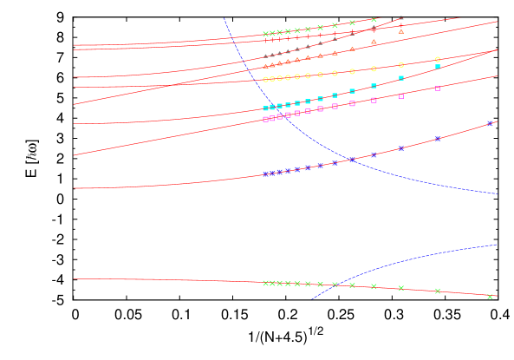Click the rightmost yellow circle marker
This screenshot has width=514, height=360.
coord(438,59)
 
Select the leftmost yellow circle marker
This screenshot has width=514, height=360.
coord(265,80)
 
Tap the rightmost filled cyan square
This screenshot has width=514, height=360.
coord(438,67)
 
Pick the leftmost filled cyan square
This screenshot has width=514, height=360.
coord(265,108)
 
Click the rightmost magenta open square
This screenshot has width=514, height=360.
coord(438,88)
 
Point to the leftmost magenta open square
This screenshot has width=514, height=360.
coord(265,119)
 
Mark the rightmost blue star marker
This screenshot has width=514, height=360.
coord(490,123)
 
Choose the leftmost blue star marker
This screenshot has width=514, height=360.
coord(265,174)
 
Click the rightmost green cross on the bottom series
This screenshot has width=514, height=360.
coord(490,297)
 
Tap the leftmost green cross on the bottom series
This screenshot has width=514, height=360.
coord(265,283)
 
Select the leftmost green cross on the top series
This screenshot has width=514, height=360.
coord(265,34)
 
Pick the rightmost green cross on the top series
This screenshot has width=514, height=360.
coord(374,19)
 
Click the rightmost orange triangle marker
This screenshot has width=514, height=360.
coord(400,32)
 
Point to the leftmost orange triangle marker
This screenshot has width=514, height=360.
coord(265,67)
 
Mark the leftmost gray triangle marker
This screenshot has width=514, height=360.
coord(265,56)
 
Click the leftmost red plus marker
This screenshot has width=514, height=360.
coord(265,41)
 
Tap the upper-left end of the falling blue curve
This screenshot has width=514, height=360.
coord(224,18)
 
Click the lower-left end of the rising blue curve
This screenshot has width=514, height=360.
coord(311,300)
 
